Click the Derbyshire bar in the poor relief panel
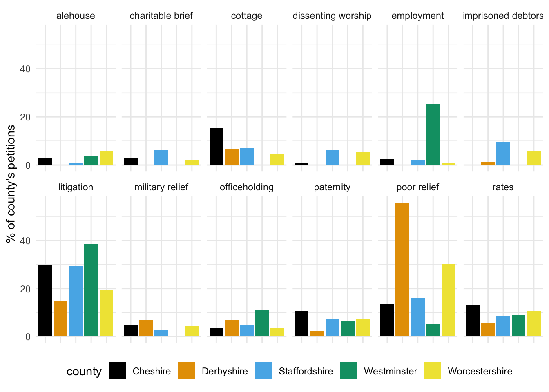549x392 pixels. pos(402,269)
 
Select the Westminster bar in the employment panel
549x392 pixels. pos(433,134)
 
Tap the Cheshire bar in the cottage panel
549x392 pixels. pos(216,147)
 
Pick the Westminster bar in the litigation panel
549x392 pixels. pos(91,290)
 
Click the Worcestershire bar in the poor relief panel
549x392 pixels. pos(448,300)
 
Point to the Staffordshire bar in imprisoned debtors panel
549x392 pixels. pos(503,154)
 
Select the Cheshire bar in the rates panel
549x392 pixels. pos(473,321)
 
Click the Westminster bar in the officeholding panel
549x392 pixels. pos(262,323)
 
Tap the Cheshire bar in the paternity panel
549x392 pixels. pos(301,324)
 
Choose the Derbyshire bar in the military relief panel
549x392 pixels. pos(146,328)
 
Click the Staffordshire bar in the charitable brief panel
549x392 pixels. pos(161,158)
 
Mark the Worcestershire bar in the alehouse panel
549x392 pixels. pos(106,158)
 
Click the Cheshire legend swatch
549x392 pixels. pos(117,371)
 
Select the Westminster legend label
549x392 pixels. pos(391,371)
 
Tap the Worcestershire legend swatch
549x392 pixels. pos(433,371)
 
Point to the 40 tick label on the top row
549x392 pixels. pos(25,69)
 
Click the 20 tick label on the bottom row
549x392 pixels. pos(25,289)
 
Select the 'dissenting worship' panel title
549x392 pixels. pos(332,16)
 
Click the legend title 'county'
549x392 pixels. pos(84,371)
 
